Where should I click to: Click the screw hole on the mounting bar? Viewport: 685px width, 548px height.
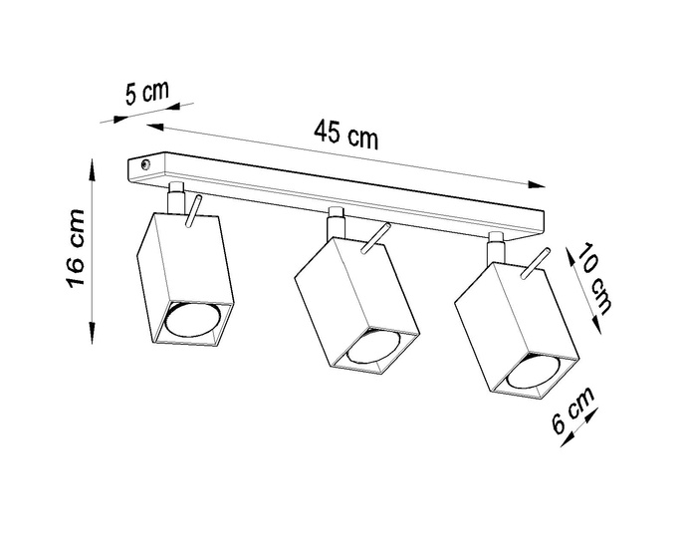coord(146,161)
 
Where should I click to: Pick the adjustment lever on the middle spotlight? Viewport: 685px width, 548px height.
coord(375,238)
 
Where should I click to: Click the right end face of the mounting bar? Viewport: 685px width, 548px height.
coord(543,220)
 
